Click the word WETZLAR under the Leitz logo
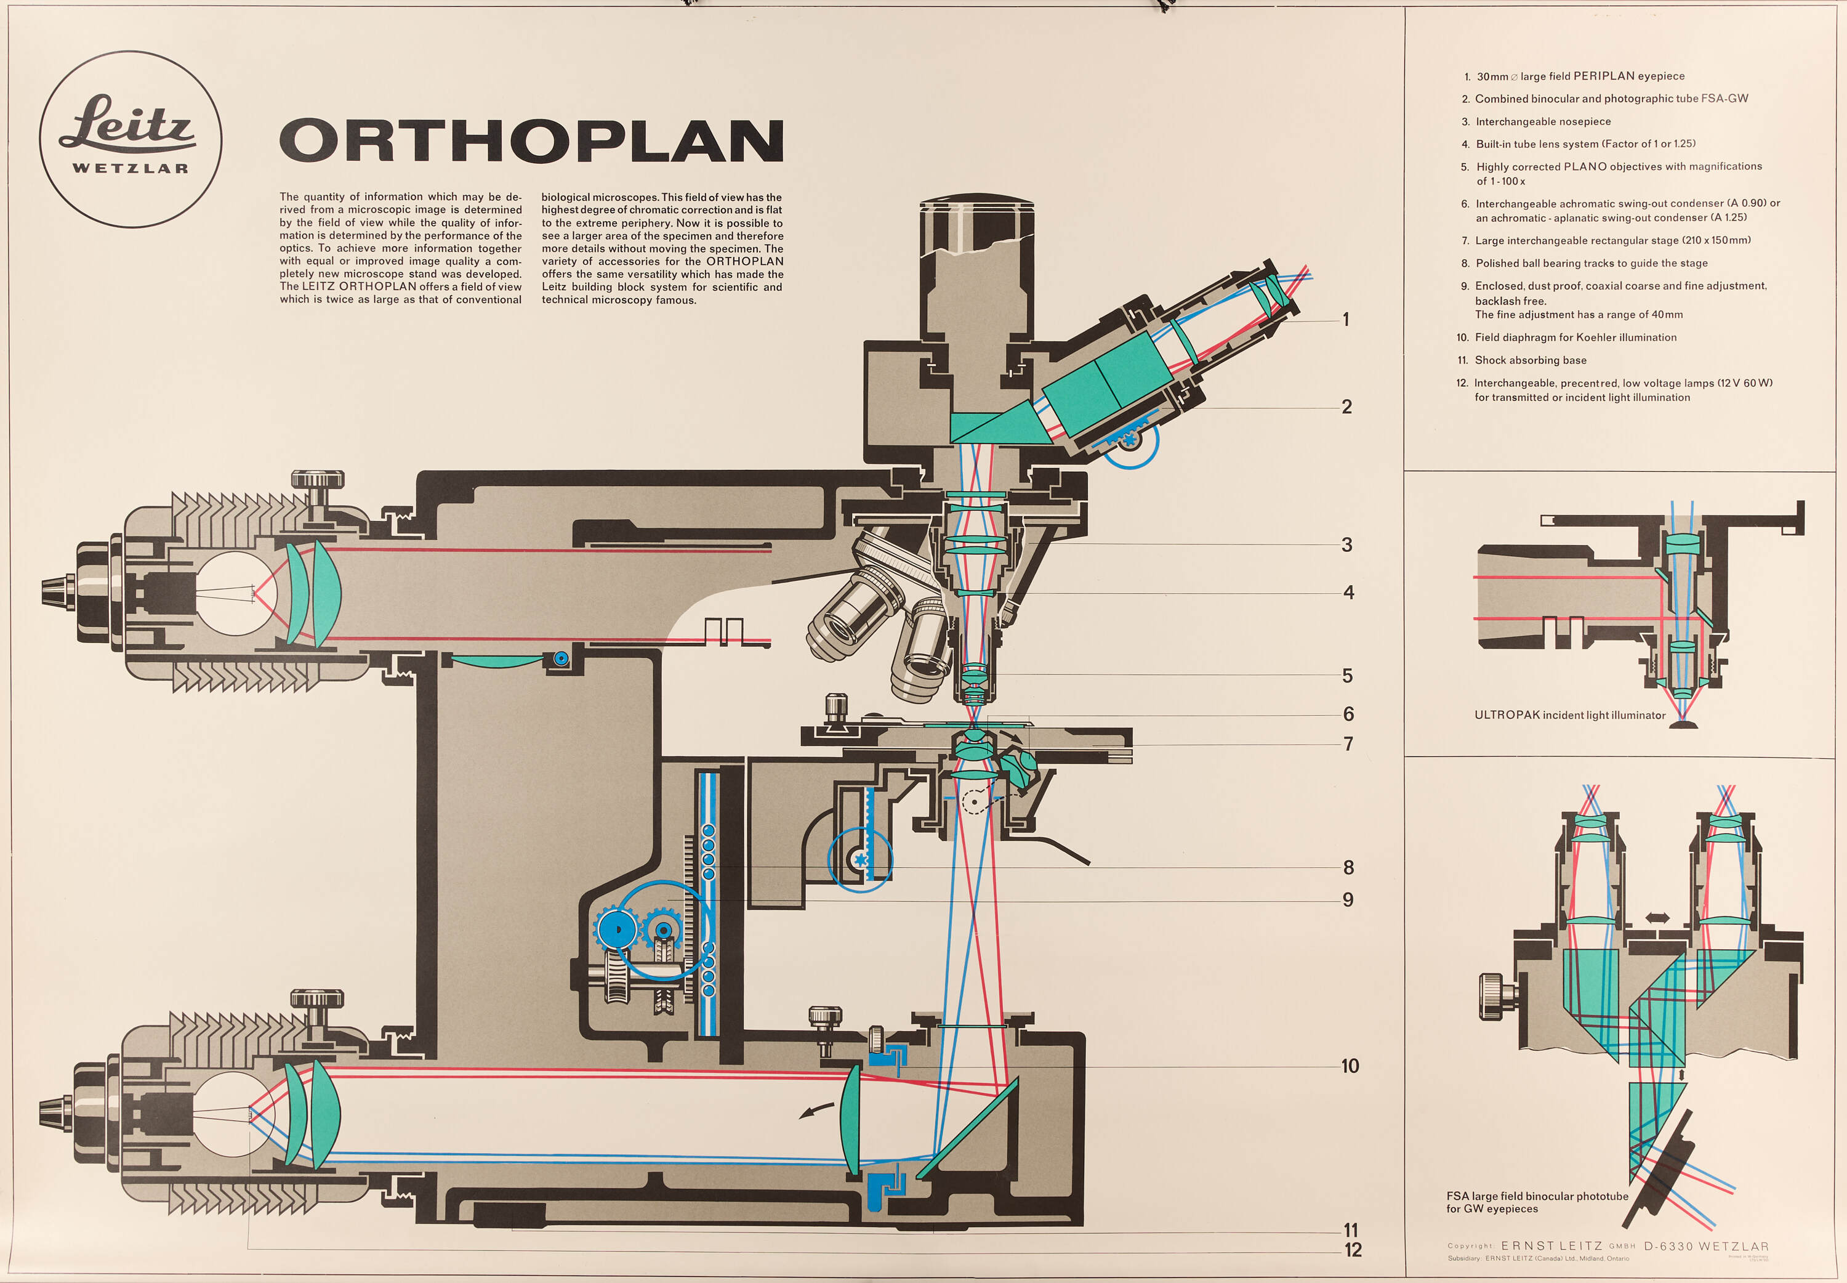[x=130, y=169]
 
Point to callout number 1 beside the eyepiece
[x=1346, y=320]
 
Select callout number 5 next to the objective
[x=1347, y=676]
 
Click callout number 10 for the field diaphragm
[x=1350, y=1066]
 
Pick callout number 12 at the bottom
[x=1353, y=1250]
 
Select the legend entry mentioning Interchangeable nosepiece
[x=1542, y=121]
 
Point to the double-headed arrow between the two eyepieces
[x=1657, y=917]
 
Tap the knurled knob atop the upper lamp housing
[x=317, y=480]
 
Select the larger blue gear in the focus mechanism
[x=616, y=930]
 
